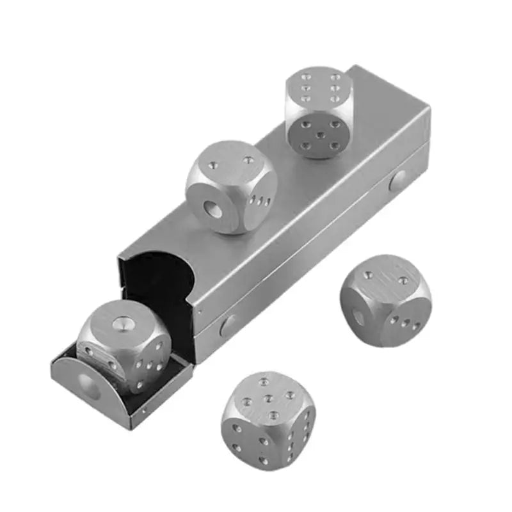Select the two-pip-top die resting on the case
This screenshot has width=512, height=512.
click(x=230, y=187)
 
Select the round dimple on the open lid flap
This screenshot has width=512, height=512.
click(x=85, y=386)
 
